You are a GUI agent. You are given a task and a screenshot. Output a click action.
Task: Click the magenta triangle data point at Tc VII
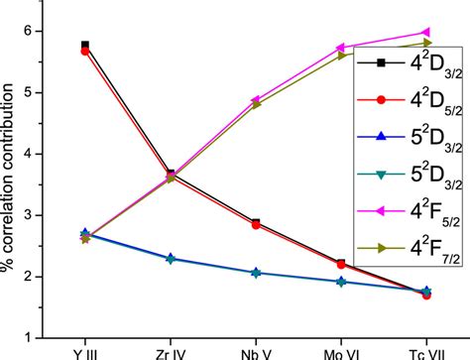[426, 33]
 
